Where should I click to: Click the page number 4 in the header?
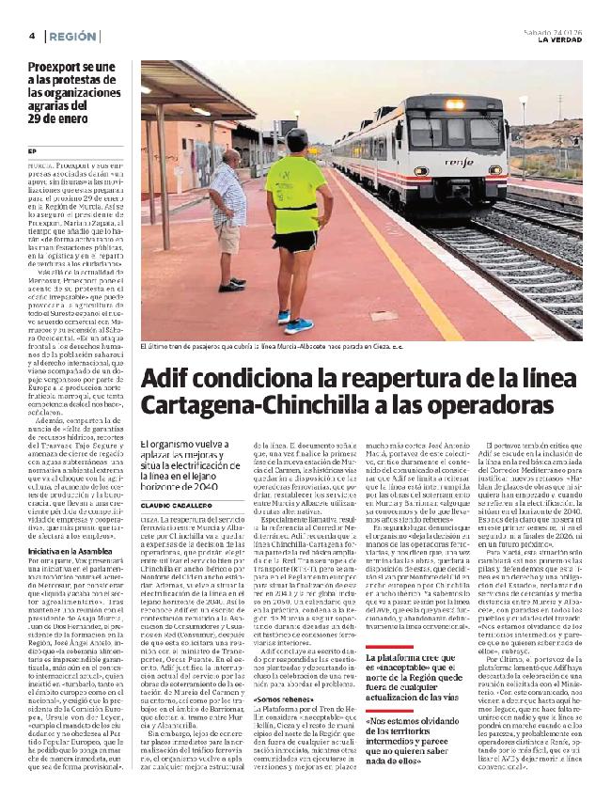tap(32, 36)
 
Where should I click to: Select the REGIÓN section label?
tap(71, 36)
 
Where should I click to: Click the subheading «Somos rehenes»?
tap(279, 701)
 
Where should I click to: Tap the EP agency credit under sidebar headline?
tap(32, 151)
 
